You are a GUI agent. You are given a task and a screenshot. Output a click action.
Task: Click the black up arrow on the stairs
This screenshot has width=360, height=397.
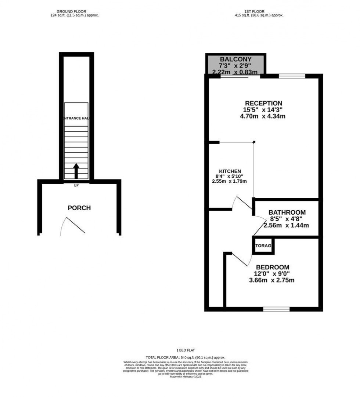(76, 171)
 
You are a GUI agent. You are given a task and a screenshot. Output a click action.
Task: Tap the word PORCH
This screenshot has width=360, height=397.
(79, 208)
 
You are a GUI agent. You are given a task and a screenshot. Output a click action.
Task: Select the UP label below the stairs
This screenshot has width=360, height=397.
(76, 185)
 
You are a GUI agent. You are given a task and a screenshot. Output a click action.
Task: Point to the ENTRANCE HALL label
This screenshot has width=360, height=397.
(76, 118)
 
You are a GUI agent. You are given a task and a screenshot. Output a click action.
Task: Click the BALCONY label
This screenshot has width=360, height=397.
(235, 59)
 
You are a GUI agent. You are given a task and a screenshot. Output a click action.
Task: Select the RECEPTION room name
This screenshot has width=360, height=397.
(263, 103)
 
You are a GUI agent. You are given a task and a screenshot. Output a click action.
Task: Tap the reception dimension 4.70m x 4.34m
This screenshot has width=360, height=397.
(263, 116)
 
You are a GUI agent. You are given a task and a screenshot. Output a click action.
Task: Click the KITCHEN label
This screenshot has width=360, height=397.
(230, 171)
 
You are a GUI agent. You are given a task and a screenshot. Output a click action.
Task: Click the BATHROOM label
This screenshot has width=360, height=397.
(287, 212)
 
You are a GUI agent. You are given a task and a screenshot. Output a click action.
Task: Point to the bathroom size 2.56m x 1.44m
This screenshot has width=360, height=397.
(287, 225)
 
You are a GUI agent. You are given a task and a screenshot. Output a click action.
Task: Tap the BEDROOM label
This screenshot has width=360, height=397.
(272, 267)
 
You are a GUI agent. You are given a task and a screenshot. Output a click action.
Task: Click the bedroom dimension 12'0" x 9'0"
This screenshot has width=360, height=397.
(272, 274)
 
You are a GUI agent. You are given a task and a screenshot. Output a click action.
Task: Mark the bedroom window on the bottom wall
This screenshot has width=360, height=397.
(276, 309)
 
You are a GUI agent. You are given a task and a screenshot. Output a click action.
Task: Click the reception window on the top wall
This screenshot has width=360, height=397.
(292, 76)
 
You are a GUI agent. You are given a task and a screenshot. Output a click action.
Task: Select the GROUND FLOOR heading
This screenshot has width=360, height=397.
(74, 12)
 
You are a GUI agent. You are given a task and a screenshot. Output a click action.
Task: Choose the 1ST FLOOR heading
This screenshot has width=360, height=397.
(259, 12)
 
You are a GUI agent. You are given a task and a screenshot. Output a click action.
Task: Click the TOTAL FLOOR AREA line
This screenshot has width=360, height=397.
(186, 357)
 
